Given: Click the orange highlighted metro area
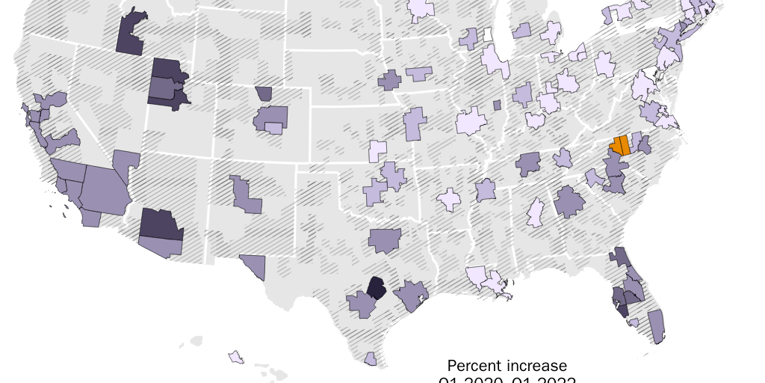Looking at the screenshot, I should (x=619, y=145).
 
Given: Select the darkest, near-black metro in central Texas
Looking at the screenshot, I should (x=377, y=288).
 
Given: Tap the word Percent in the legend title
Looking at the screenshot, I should (x=473, y=367).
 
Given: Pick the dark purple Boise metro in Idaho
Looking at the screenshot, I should (x=132, y=34).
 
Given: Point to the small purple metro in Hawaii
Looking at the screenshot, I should (x=236, y=357).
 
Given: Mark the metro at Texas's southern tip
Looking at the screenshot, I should (x=370, y=359).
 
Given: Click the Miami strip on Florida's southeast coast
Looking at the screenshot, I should (x=656, y=326).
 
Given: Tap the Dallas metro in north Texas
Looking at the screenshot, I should (x=385, y=239).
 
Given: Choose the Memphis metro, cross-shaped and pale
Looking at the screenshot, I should (x=450, y=200).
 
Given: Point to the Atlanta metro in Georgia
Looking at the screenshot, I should (x=569, y=200).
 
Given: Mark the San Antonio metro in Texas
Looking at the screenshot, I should (x=362, y=304).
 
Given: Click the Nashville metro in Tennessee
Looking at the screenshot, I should (x=528, y=163).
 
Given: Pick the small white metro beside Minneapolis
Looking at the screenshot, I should (x=487, y=34).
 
